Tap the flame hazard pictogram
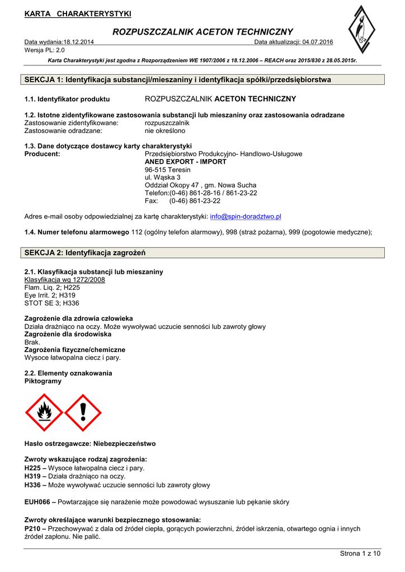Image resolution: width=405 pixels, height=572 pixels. (x=44, y=412)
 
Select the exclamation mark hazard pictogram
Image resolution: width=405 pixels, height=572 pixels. (x=83, y=412)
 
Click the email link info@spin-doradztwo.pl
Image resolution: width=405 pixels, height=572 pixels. (x=245, y=216)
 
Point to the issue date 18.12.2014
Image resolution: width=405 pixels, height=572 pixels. (x=79, y=42)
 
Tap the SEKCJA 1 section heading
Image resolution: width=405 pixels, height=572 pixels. (x=178, y=80)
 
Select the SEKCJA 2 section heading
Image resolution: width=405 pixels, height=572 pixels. (x=85, y=253)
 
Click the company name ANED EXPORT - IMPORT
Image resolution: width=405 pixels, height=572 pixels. (x=186, y=161)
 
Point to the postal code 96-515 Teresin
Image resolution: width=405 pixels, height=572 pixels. (x=167, y=169)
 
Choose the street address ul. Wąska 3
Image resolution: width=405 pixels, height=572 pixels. (x=162, y=177)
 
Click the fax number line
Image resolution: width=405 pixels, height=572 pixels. (x=182, y=201)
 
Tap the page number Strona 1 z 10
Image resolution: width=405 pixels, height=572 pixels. (x=360, y=554)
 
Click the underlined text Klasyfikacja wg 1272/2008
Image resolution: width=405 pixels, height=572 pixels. (x=65, y=279)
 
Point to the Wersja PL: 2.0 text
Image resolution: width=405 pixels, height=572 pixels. (x=45, y=50)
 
